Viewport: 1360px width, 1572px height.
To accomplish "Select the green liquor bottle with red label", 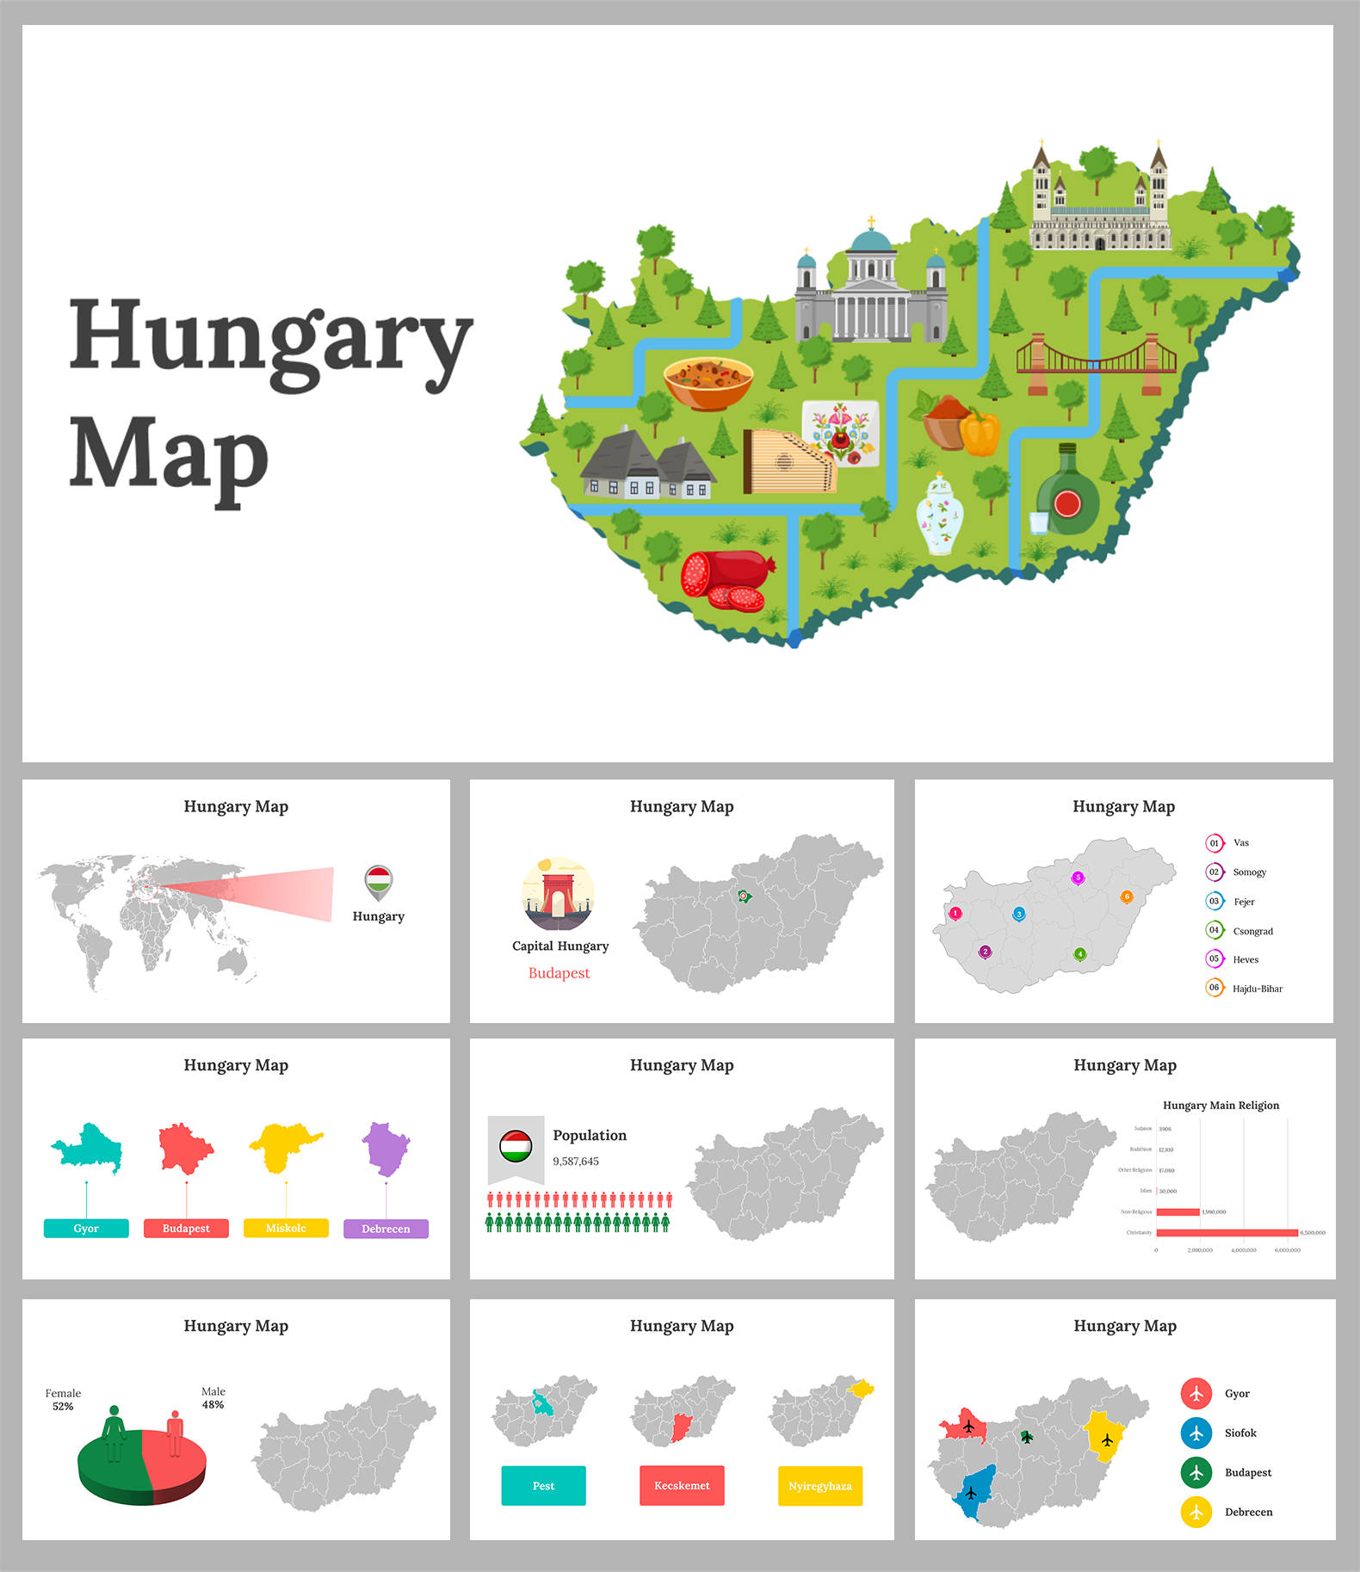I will pyautogui.click(x=1067, y=496).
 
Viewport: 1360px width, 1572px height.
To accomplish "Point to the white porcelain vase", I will pyautogui.click(x=939, y=516).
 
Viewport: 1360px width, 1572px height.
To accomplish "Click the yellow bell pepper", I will pyautogui.click(x=980, y=434).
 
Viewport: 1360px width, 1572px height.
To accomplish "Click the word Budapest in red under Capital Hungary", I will pyautogui.click(x=559, y=973).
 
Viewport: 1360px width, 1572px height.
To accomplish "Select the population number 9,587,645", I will pyautogui.click(x=576, y=1162).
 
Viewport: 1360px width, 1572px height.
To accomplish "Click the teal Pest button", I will pyautogui.click(x=543, y=1486).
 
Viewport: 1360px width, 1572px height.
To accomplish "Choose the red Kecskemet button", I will pyautogui.click(x=682, y=1486).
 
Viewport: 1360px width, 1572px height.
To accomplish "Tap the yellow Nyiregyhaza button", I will pyautogui.click(x=819, y=1486).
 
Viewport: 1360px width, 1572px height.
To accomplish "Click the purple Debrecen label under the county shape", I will pyautogui.click(x=386, y=1229).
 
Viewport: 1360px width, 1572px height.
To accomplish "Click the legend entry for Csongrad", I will pyautogui.click(x=1252, y=931).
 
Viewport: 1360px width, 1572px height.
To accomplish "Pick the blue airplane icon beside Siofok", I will pyautogui.click(x=1196, y=1433).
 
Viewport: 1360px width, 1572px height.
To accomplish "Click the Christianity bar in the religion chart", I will pyautogui.click(x=1226, y=1233).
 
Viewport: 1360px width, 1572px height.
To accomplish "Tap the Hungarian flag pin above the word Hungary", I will pyautogui.click(x=379, y=881).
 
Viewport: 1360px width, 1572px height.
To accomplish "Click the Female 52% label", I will pyautogui.click(x=63, y=1399).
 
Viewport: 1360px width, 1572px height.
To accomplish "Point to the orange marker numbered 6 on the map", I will pyautogui.click(x=1126, y=897).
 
